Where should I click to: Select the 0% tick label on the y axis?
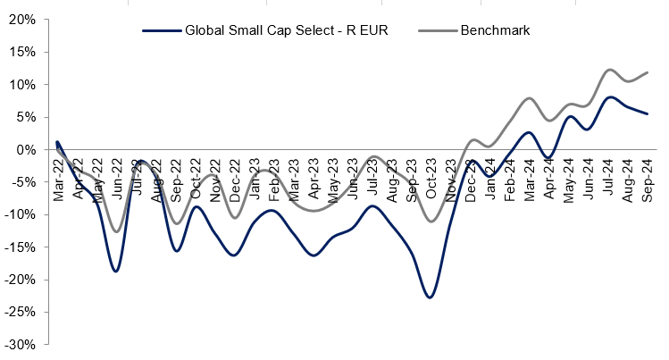(26, 149)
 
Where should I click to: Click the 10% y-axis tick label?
(22, 85)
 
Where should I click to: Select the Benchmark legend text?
(496, 30)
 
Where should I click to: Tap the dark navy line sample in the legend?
(161, 30)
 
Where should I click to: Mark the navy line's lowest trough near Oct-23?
(431, 297)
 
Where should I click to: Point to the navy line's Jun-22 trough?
(116, 271)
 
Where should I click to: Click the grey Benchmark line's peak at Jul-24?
(609, 70)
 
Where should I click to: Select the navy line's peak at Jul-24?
(609, 97)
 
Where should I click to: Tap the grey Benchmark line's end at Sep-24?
(647, 72)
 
